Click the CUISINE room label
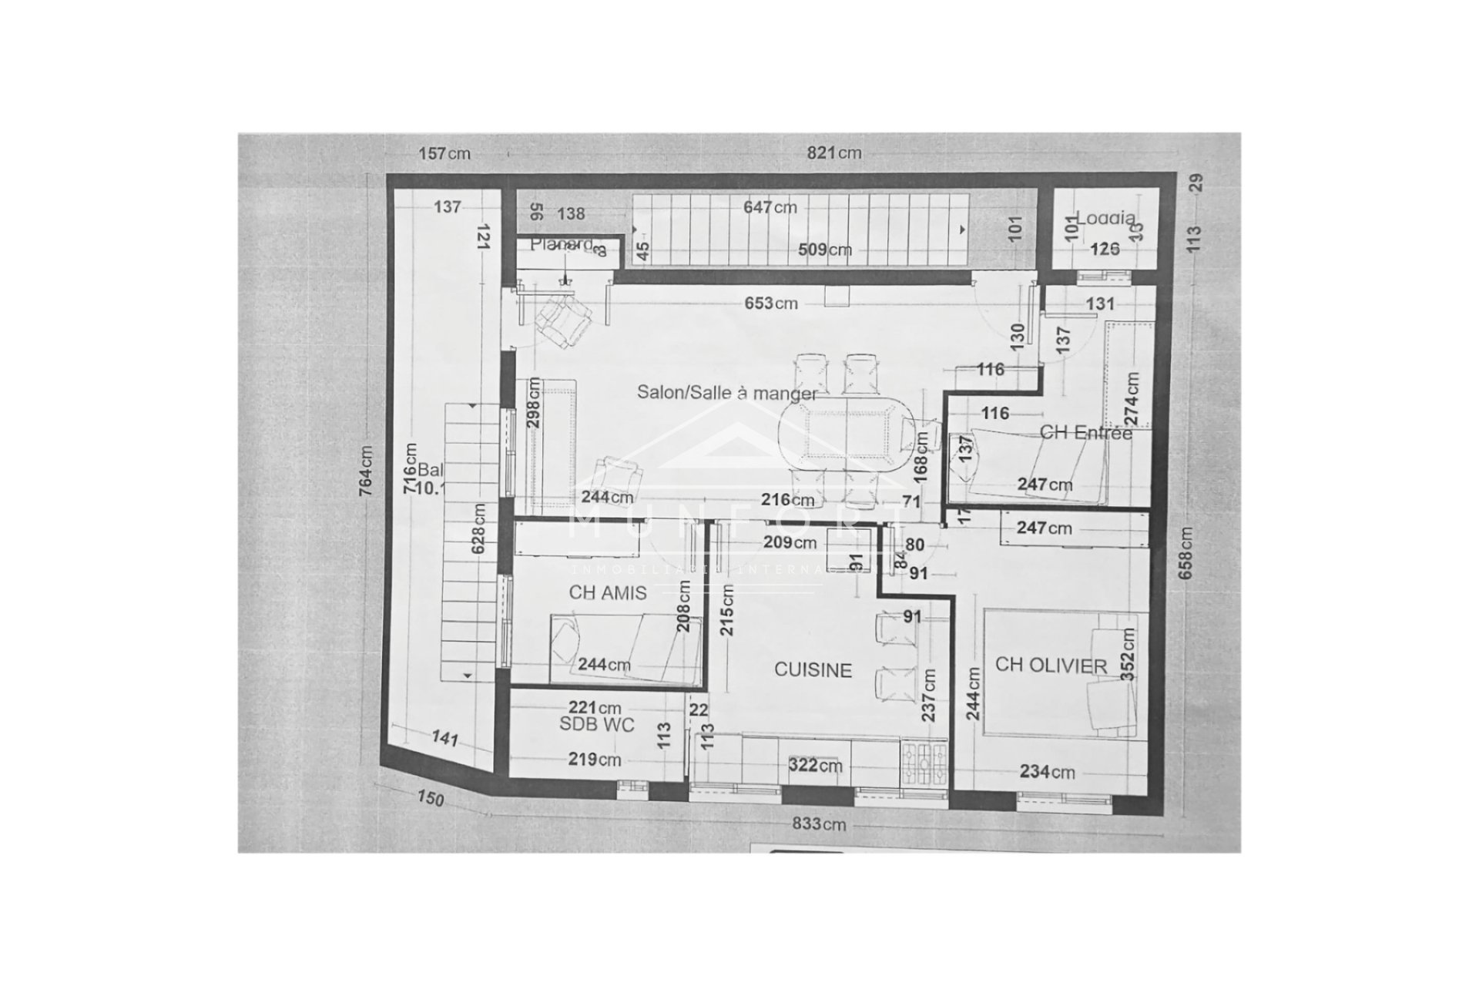813,670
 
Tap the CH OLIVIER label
1051,666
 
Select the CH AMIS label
607,593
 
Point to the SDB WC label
597,725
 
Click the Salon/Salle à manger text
726,393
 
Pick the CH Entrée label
1085,433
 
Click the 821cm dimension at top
833,153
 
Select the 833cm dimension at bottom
819,824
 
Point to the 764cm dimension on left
366,471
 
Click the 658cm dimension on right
1186,553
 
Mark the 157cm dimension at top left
444,153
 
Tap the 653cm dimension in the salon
770,304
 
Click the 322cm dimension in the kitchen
815,766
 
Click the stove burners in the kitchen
924,763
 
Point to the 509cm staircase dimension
823,250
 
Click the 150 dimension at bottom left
431,799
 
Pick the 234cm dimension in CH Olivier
1047,772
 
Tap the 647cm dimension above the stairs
770,207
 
